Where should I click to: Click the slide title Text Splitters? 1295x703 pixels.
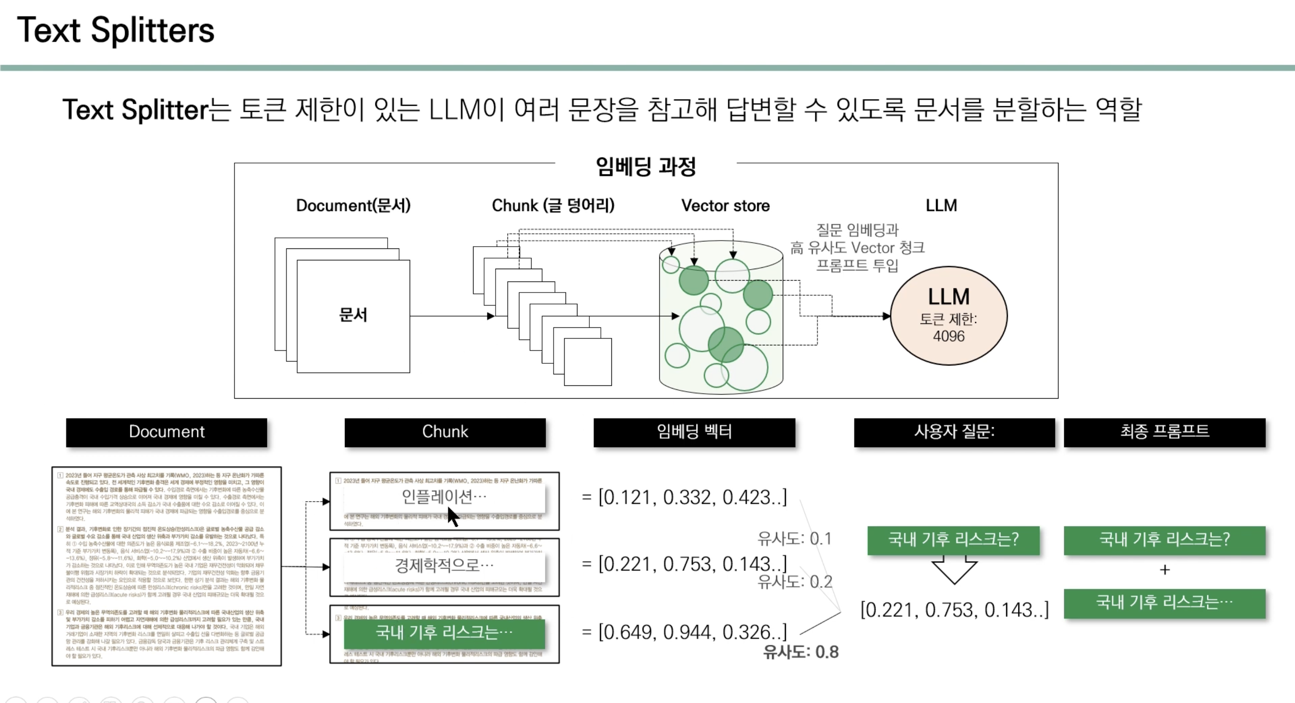[x=115, y=30]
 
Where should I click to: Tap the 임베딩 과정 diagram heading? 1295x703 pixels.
[x=645, y=166]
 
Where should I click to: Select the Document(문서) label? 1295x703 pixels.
[x=353, y=205]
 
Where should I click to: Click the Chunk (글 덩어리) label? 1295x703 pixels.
[x=552, y=205]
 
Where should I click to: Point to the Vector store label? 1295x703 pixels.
[x=725, y=206]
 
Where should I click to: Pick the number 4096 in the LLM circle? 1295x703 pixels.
[x=949, y=336]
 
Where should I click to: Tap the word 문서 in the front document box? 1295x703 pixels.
[x=353, y=315]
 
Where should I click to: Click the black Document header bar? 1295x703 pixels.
[x=166, y=432]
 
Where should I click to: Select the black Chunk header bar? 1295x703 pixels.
[x=445, y=432]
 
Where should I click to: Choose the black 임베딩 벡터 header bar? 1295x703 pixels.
[x=694, y=432]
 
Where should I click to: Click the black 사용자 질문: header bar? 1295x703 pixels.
[x=954, y=432]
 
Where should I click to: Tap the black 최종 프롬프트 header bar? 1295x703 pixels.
[x=1164, y=432]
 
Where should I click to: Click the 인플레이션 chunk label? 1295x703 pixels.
[x=444, y=497]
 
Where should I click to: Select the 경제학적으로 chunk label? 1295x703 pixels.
[x=444, y=565]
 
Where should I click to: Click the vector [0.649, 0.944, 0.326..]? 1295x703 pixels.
[x=692, y=632]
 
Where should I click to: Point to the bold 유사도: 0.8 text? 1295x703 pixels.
[x=800, y=652]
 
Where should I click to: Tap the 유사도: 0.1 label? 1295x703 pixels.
[x=794, y=539]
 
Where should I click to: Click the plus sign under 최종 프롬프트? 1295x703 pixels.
[x=1164, y=570]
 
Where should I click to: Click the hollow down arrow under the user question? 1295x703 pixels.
[x=954, y=570]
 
